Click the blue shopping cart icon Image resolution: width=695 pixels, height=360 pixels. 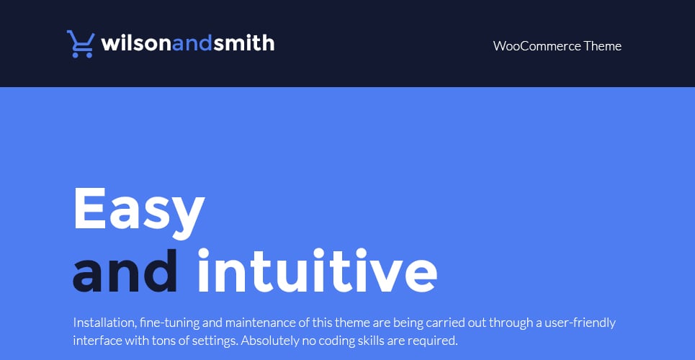[x=81, y=44]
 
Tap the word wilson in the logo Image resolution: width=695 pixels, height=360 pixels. [x=137, y=43]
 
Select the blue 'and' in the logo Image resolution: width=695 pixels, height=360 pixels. [x=192, y=43]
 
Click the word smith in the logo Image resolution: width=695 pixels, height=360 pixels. [x=243, y=43]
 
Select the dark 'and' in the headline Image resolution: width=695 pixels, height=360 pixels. [x=125, y=270]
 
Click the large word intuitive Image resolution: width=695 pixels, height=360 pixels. [x=318, y=270]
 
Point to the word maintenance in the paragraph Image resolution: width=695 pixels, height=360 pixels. [x=261, y=323]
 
